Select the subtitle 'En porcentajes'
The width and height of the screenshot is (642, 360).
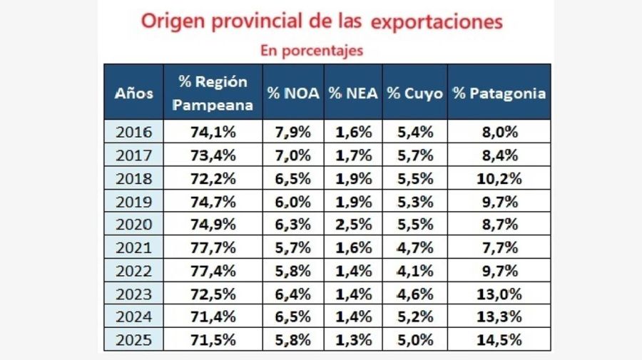pyautogui.click(x=312, y=50)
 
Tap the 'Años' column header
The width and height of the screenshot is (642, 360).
pyautogui.click(x=134, y=93)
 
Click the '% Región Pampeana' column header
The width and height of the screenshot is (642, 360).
pyautogui.click(x=213, y=93)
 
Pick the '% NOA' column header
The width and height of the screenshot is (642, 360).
pyautogui.click(x=293, y=93)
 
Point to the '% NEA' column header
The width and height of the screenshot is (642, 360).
pyautogui.click(x=353, y=93)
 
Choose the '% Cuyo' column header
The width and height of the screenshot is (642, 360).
pyautogui.click(x=414, y=93)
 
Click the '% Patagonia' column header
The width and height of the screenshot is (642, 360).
pyautogui.click(x=499, y=93)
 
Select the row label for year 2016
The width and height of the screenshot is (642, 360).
pyautogui.click(x=134, y=131)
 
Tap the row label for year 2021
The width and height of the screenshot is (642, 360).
pyautogui.click(x=134, y=247)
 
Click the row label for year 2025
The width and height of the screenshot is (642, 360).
pyautogui.click(x=134, y=340)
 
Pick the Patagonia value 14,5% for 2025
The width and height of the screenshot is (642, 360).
pyautogui.click(x=499, y=340)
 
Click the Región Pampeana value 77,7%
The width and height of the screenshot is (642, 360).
pyautogui.click(x=213, y=247)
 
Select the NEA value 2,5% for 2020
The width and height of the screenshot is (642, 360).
pyautogui.click(x=353, y=224)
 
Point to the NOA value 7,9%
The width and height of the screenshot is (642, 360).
pyautogui.click(x=293, y=131)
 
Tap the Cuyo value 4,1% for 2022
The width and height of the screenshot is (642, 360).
pyautogui.click(x=414, y=270)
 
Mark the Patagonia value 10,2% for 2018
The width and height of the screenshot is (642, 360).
pyautogui.click(x=499, y=178)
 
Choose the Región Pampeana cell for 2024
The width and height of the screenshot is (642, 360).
pyautogui.click(x=213, y=317)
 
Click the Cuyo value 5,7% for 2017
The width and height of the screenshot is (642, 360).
pyautogui.click(x=414, y=155)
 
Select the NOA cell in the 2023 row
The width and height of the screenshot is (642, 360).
pyautogui.click(x=293, y=294)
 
